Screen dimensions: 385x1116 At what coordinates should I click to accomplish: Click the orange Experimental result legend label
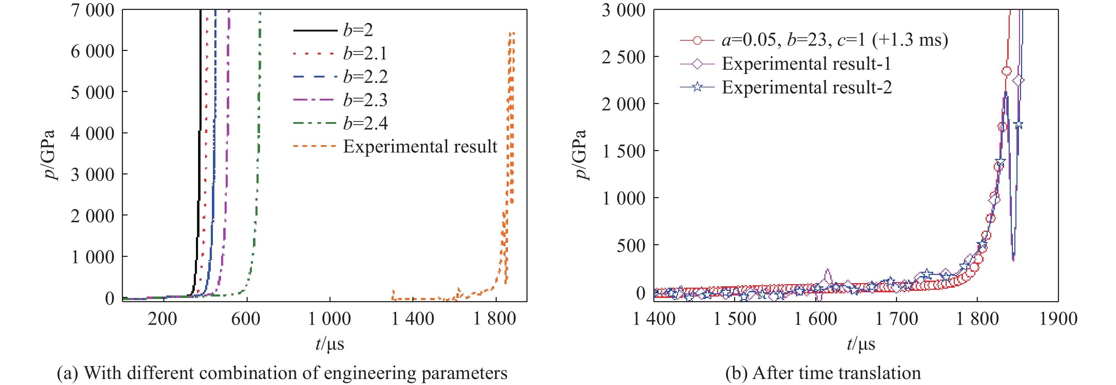coord(420,146)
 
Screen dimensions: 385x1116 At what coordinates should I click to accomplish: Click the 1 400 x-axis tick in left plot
coord(412,319)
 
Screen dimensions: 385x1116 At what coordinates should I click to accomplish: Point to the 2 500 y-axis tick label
coord(624,57)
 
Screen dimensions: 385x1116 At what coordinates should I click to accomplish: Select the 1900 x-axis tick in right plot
coord(1058,319)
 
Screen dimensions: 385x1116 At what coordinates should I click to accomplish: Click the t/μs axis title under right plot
coord(861,344)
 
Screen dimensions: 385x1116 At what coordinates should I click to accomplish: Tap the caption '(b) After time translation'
coord(823,373)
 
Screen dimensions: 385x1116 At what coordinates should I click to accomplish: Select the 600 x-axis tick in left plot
coord(246,319)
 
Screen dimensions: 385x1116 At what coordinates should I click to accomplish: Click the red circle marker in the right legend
coord(697,40)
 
